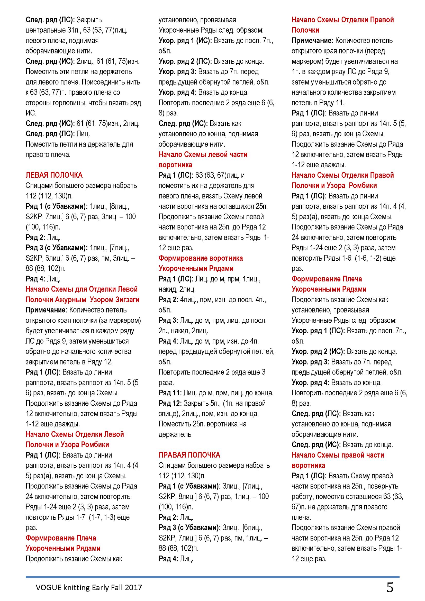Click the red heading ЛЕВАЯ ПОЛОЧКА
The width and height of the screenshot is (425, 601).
coord(54,175)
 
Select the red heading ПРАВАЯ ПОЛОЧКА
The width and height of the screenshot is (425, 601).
coord(189,455)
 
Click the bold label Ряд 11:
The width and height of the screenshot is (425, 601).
coord(170,393)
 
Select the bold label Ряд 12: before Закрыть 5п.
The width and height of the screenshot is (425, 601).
coord(170,403)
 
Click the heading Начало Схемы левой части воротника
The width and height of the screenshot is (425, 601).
coord(203,159)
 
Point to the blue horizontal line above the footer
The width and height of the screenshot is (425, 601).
coord(212,577)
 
